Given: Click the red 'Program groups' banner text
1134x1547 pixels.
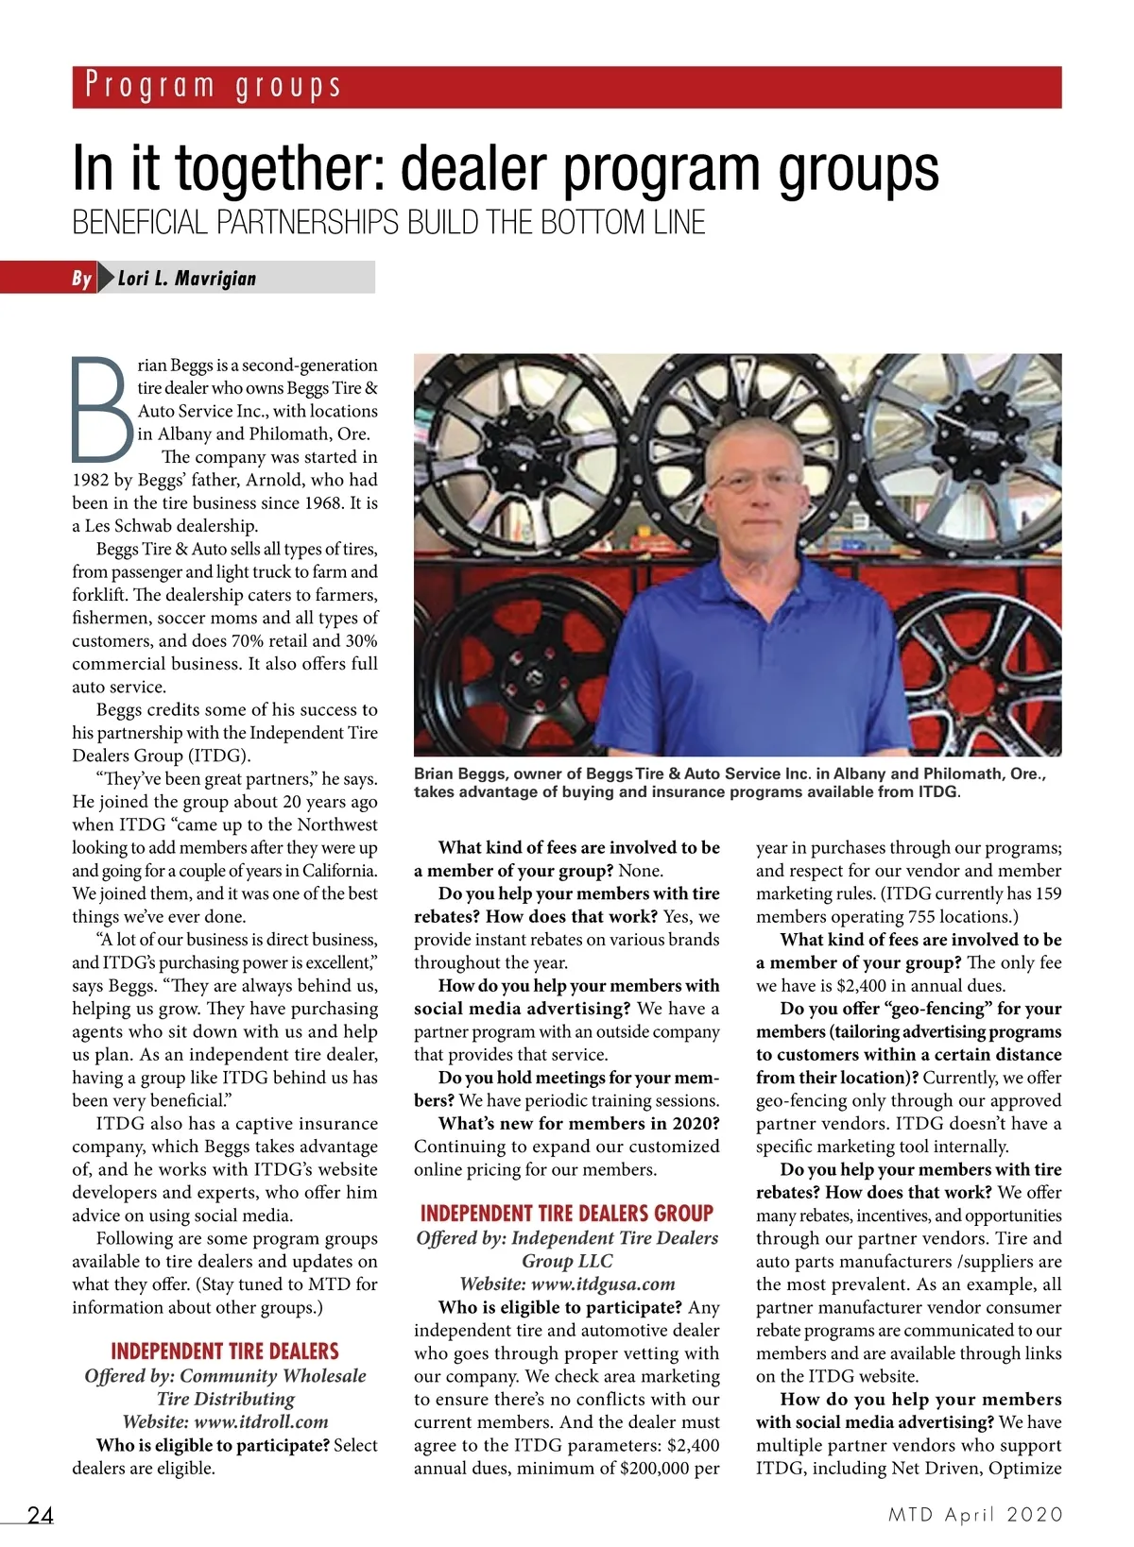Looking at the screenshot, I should click(213, 86).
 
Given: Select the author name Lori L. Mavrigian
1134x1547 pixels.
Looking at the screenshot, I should click(187, 278).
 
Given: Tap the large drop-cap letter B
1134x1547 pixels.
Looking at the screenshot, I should click(102, 406).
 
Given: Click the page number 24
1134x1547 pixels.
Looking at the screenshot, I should click(41, 1515).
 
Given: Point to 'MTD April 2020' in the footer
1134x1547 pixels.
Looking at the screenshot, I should click(975, 1514).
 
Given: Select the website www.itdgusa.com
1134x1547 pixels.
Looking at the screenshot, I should click(604, 1283).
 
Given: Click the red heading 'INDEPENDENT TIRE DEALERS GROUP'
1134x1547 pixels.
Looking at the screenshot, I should click(567, 1214).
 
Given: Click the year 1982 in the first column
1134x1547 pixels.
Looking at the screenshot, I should click(92, 480).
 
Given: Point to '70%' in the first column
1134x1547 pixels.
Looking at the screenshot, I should click(248, 640).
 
